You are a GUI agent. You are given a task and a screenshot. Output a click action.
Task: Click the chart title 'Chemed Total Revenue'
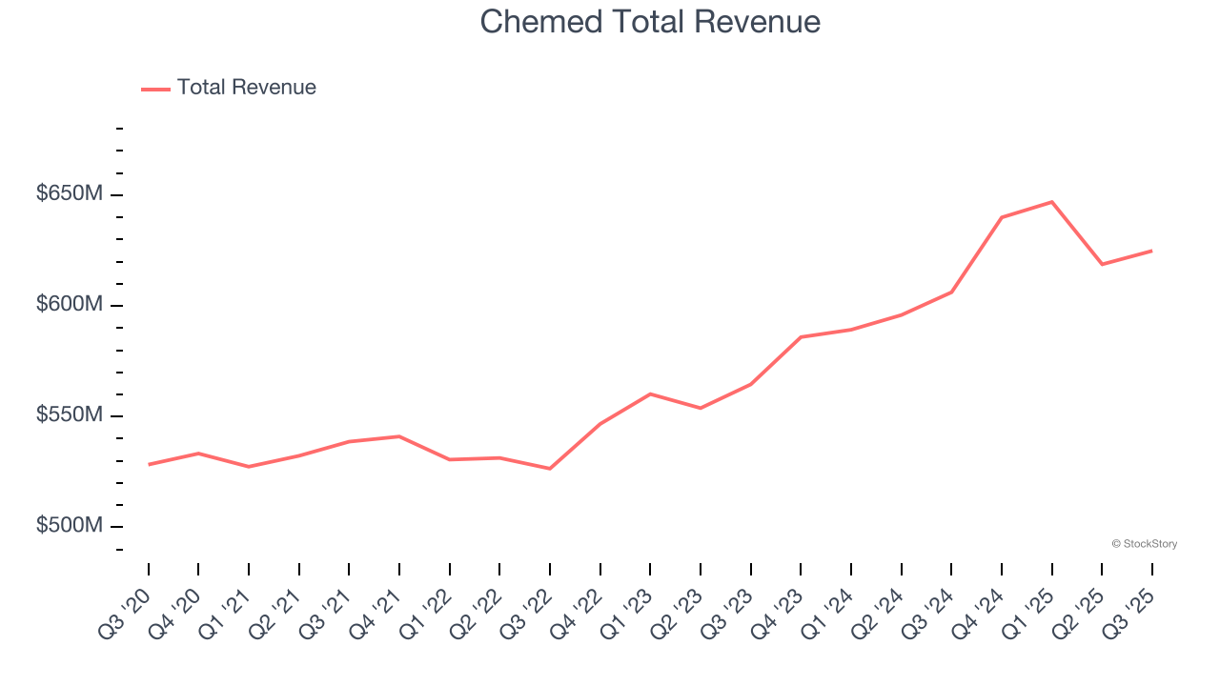[x=650, y=21]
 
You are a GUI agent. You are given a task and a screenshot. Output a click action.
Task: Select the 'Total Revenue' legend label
[x=246, y=88]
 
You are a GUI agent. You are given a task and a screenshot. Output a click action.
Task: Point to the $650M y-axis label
[x=69, y=194]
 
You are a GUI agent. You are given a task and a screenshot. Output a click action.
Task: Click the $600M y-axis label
[x=69, y=305]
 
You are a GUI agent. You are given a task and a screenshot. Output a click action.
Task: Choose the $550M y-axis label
[x=69, y=415]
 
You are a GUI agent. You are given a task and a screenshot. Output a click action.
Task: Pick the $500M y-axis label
[x=69, y=526]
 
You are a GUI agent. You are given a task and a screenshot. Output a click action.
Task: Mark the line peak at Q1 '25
[x=1051, y=202]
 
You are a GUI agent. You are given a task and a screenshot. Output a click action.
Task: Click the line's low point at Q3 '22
[x=550, y=469]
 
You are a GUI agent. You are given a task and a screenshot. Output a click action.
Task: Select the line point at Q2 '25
[x=1102, y=264]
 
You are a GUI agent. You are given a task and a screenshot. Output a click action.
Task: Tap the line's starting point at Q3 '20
[x=149, y=464]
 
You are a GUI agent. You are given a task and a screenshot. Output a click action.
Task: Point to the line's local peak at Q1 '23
[x=650, y=393]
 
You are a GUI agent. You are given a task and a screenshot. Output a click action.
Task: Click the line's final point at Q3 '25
[x=1151, y=251]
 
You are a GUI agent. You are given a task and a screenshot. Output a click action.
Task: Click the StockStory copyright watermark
[x=1144, y=544]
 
